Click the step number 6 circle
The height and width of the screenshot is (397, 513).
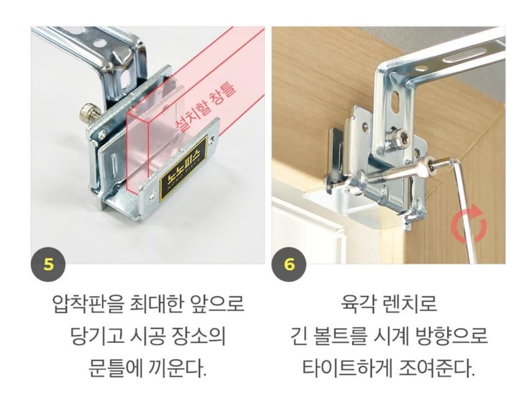289,264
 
